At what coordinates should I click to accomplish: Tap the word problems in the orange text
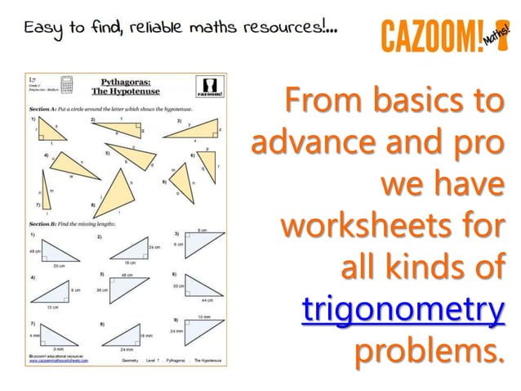(x=426, y=353)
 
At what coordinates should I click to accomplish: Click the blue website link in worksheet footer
(x=66, y=363)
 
